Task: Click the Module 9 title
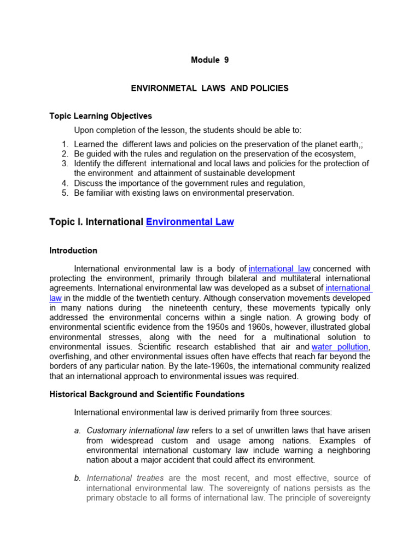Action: [209, 60]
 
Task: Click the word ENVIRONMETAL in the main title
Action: [159, 88]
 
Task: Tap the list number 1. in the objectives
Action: [65, 144]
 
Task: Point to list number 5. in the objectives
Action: [65, 193]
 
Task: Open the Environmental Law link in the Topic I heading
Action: [190, 222]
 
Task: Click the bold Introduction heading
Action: [73, 250]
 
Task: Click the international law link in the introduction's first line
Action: [279, 269]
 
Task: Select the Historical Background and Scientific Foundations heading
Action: [147, 394]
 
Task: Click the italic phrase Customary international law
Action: [137, 430]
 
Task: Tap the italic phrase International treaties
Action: [121, 479]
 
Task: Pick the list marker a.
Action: [78, 430]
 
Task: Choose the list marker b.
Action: [78, 479]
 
